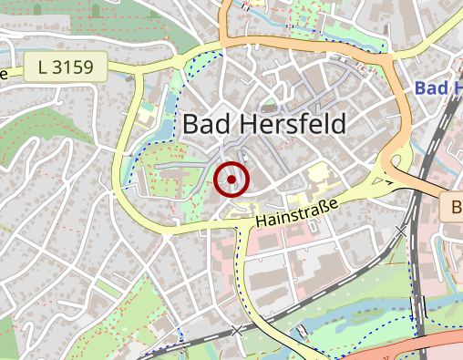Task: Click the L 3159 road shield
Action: click(66, 66)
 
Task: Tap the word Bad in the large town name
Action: click(206, 125)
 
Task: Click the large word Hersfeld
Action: click(290, 125)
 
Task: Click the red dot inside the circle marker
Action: click(232, 180)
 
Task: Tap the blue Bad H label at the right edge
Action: click(437, 87)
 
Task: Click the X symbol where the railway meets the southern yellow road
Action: click(238, 330)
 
